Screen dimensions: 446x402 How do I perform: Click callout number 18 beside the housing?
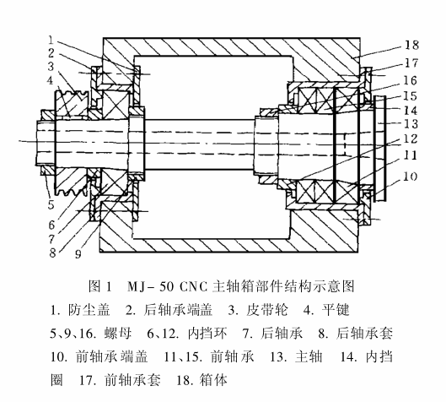(x=411, y=45)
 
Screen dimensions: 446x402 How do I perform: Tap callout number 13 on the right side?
(x=411, y=124)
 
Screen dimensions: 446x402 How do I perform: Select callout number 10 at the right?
(x=410, y=177)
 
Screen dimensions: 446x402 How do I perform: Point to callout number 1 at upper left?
(x=51, y=41)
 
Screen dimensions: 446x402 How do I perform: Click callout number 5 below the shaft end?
(x=51, y=204)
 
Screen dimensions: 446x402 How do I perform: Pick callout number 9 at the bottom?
(x=78, y=253)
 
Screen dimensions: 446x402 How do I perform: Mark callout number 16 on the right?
(x=410, y=80)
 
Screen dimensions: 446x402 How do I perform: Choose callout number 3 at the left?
(x=51, y=67)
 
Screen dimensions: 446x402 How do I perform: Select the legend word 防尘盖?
(x=89, y=310)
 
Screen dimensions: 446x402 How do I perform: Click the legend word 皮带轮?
(x=266, y=310)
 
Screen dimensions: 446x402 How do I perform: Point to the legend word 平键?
(x=336, y=310)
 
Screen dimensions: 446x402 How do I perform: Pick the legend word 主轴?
(x=309, y=356)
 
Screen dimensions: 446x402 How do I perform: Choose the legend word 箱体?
(x=213, y=380)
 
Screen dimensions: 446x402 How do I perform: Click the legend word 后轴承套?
(x=365, y=334)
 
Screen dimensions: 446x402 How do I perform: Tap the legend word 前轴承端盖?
(x=112, y=356)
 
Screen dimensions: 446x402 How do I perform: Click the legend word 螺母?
(x=118, y=334)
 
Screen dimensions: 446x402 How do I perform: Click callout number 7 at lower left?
(x=51, y=239)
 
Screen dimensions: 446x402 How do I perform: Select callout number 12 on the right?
(x=411, y=139)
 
